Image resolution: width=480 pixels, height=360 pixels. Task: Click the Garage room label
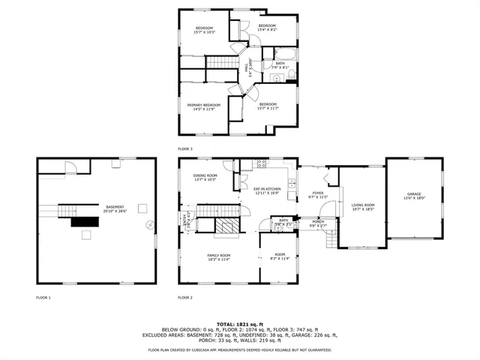tap(414, 196)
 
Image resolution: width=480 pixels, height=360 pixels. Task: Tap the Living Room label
tap(363, 206)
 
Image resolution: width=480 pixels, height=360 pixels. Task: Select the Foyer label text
tap(318, 194)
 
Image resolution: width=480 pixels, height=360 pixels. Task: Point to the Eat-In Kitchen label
tap(267, 191)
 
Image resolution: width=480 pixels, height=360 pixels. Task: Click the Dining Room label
tap(205, 177)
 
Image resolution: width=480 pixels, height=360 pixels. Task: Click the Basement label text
tap(115, 209)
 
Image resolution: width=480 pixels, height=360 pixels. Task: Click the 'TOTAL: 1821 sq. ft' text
tap(239, 322)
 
